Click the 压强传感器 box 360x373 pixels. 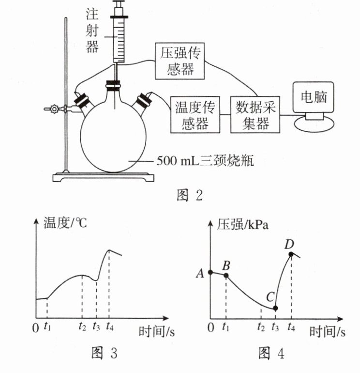click(x=180, y=61)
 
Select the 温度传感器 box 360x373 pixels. click(x=195, y=115)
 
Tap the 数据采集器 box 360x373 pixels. click(x=255, y=115)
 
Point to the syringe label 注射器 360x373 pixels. click(x=92, y=31)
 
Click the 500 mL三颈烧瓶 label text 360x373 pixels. click(x=205, y=161)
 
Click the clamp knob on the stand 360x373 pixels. click(x=54, y=109)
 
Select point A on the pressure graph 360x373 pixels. click(x=210, y=272)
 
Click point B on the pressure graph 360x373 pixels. click(x=226, y=276)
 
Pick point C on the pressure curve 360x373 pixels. click(x=275, y=308)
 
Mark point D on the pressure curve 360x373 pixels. click(x=291, y=254)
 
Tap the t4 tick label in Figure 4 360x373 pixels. click(x=291, y=327)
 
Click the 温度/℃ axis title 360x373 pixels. click(x=65, y=223)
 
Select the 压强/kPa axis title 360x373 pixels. click(x=242, y=224)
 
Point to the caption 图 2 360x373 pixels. click(x=190, y=195)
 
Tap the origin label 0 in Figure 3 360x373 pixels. click(x=35, y=328)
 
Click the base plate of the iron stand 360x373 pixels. click(x=104, y=177)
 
